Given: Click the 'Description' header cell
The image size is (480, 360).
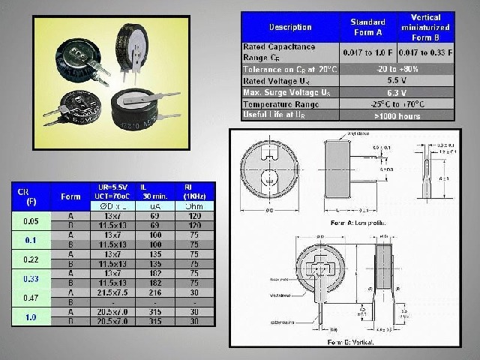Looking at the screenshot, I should pyautogui.click(x=289, y=28).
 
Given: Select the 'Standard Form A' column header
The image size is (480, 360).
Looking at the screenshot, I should pyautogui.click(x=368, y=28).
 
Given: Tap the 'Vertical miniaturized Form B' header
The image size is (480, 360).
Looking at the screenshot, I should pyautogui.click(x=426, y=28).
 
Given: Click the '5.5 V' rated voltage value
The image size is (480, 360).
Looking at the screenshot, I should pyautogui.click(x=397, y=80).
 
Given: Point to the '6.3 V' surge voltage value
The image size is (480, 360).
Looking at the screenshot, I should pyautogui.click(x=397, y=92).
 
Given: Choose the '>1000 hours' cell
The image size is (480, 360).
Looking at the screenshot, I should pyautogui.click(x=397, y=116).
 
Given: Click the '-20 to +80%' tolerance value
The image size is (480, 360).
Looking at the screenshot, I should pyautogui.click(x=397, y=69).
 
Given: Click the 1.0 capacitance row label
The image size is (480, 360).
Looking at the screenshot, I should pyautogui.click(x=31, y=317).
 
